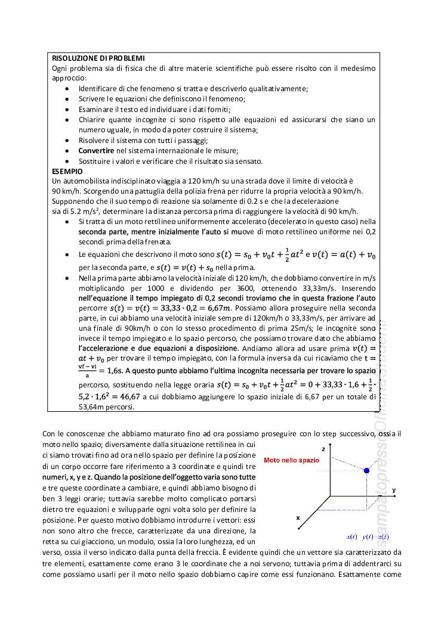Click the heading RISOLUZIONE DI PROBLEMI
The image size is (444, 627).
coord(98,58)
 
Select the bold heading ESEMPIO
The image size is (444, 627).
coord(67,171)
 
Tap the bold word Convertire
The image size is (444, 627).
coord(96,151)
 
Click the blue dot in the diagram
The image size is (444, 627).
coord(366,471)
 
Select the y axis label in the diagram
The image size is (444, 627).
coord(394,490)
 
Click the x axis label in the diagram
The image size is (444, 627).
coord(298,518)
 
